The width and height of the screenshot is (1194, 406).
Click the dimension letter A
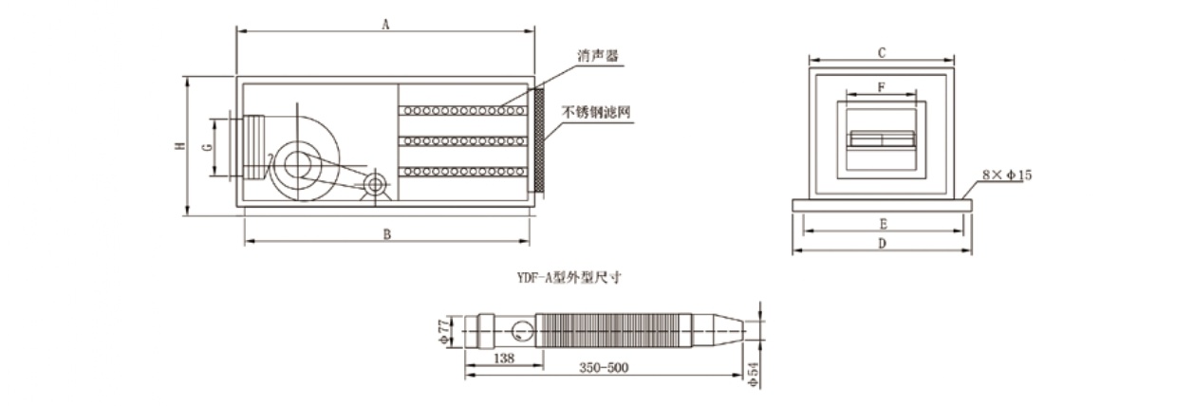[385, 26]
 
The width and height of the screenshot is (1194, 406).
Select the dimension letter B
[387, 235]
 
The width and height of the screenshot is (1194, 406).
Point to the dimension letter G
[207, 146]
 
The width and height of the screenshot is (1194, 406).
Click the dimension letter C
[881, 52]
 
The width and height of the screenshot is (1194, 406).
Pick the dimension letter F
[881, 87]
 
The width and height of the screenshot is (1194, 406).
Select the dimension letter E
[883, 224]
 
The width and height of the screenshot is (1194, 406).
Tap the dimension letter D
[882, 245]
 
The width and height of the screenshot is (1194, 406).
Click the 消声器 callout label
[598, 57]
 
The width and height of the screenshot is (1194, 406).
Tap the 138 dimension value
[504, 360]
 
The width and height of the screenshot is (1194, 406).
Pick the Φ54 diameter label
[755, 372]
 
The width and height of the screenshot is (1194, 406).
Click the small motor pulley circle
[375, 184]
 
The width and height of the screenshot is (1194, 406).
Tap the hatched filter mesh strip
[538, 139]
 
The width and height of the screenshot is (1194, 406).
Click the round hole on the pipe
[520, 331]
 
